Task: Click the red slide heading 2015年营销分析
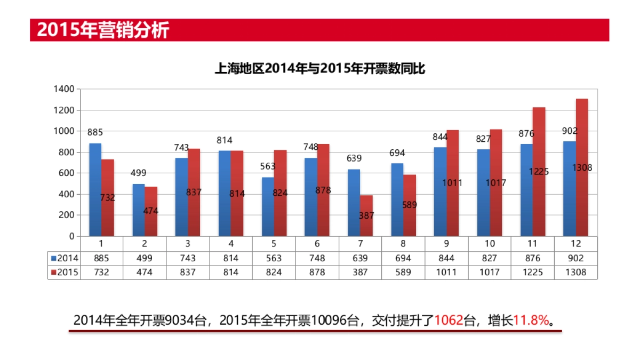(x=103, y=30)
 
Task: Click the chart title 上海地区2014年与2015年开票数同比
(x=319, y=69)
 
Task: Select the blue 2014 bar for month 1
(x=95, y=189)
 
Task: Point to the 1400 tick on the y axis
(x=64, y=89)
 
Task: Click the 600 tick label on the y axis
(x=67, y=173)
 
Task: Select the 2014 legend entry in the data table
(x=65, y=258)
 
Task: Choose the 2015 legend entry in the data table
(x=65, y=272)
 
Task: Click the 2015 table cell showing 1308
(x=575, y=272)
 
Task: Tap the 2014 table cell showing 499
(x=145, y=258)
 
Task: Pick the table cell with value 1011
(x=446, y=272)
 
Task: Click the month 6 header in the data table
(x=317, y=244)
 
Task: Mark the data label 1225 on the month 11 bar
(x=539, y=172)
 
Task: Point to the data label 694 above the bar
(x=397, y=153)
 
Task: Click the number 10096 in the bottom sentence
(x=329, y=320)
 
